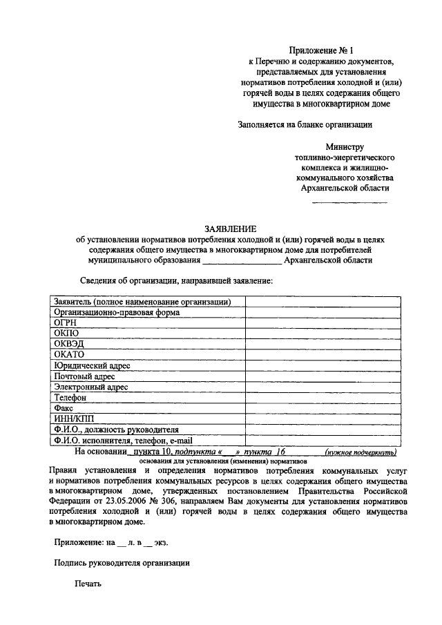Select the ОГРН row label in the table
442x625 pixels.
pos(64,322)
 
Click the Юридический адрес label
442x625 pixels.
pos(91,365)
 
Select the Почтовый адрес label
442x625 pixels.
pos(84,376)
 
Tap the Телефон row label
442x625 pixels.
pos(69,398)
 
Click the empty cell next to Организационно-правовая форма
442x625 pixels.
pos(323,311)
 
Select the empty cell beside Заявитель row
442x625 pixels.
pos(323,301)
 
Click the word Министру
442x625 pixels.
pos(345,146)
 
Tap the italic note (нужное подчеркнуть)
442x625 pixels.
pos(361,452)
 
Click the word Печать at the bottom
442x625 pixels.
pos(88,584)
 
